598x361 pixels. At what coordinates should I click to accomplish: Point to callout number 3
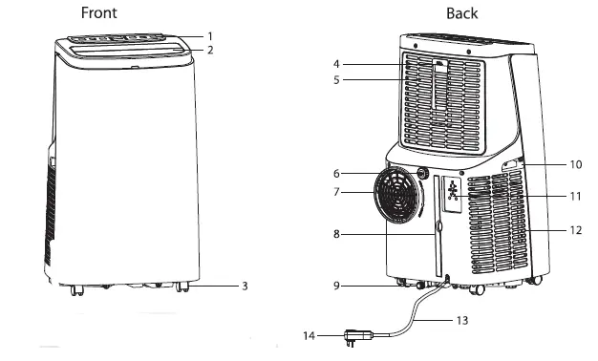[x=245, y=286]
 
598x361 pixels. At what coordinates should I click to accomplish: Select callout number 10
[x=575, y=164]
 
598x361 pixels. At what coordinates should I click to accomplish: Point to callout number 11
[x=575, y=196]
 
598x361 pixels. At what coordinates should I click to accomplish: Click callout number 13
[x=462, y=321]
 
